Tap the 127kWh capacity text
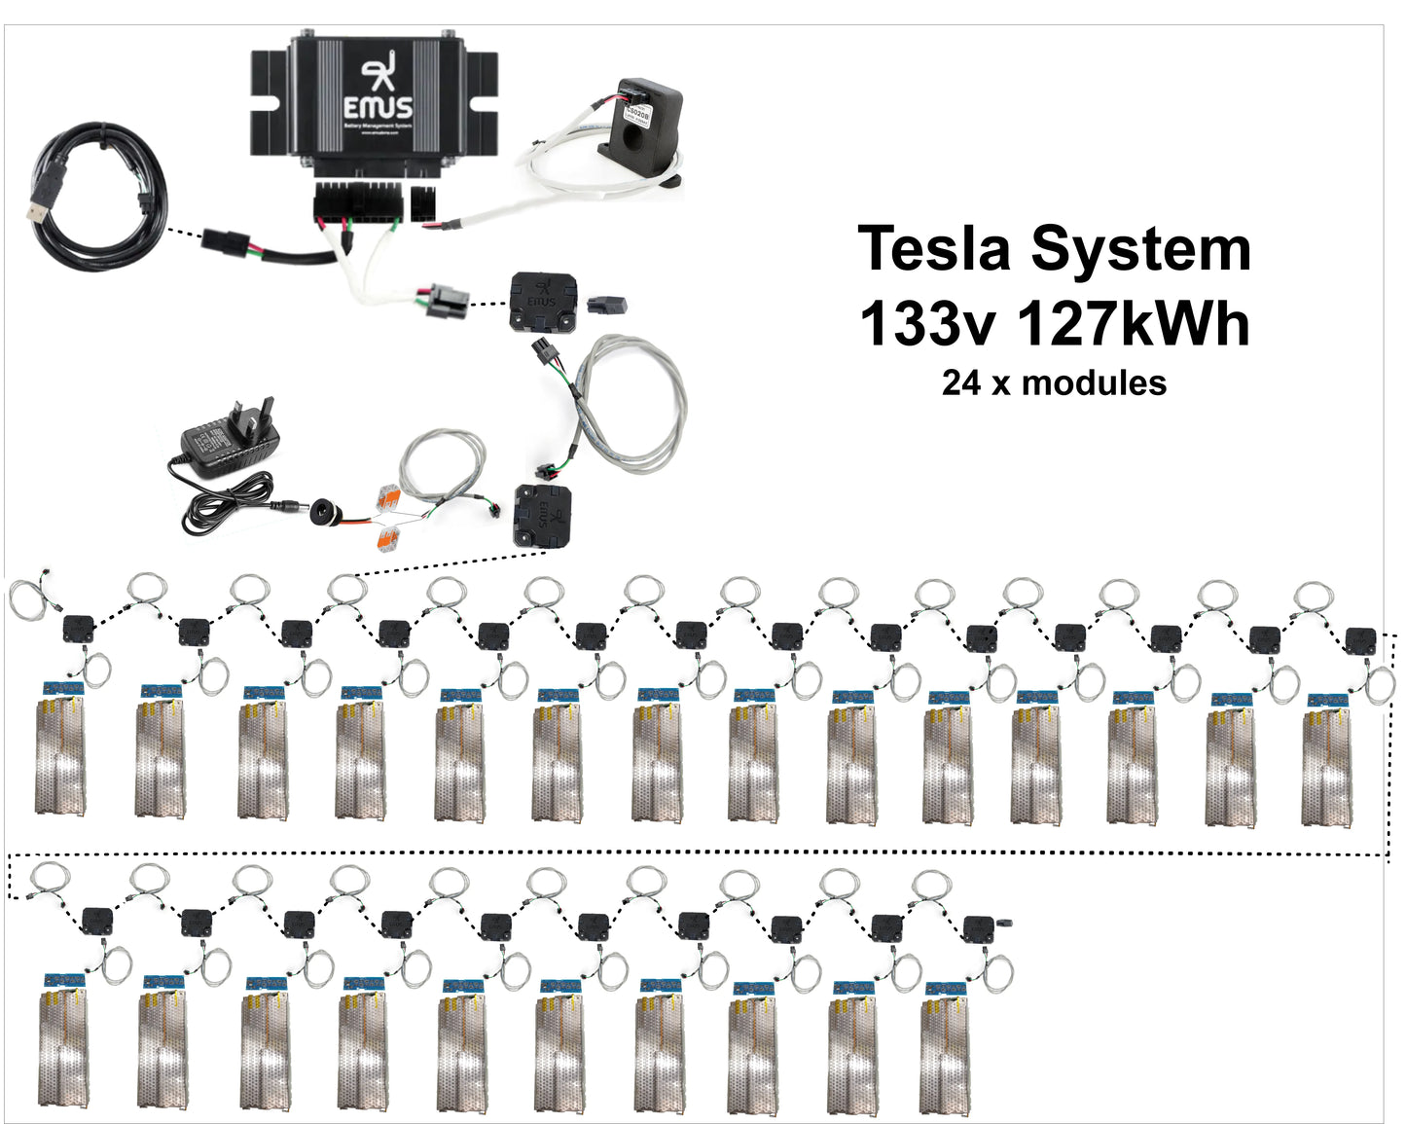pyautogui.click(x=1134, y=323)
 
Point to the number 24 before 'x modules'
pyautogui.click(x=960, y=382)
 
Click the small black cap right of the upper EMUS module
pyautogui.click(x=609, y=305)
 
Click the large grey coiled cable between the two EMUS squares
pyautogui.click(x=631, y=400)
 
